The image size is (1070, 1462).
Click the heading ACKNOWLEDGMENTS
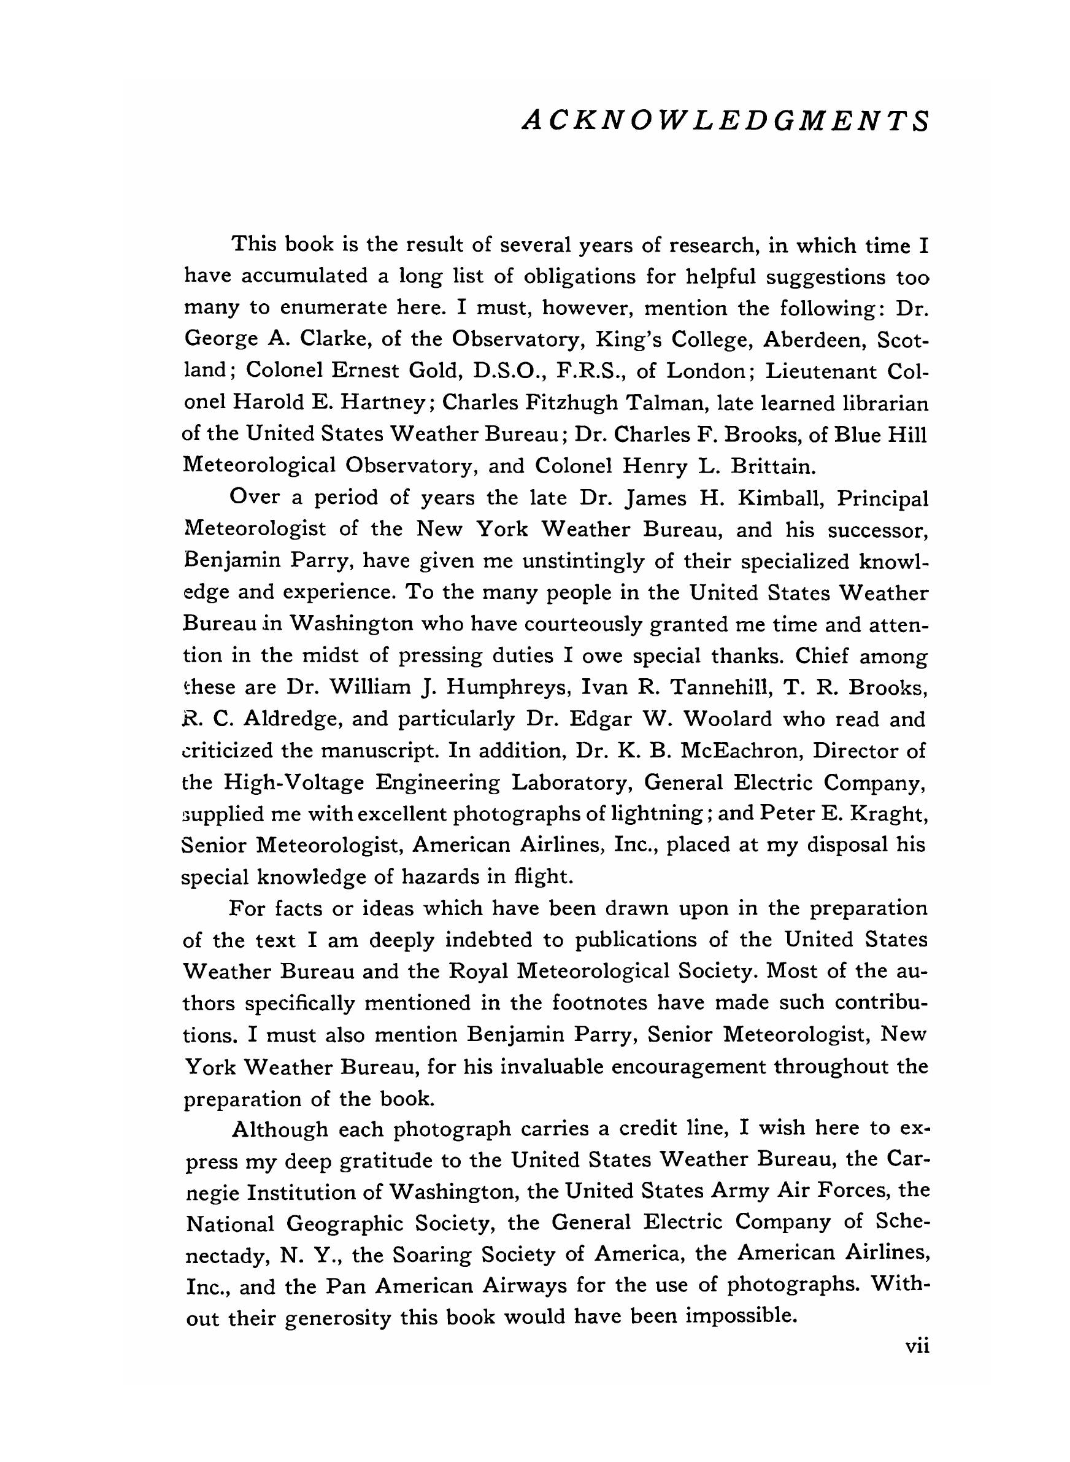[x=725, y=120]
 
